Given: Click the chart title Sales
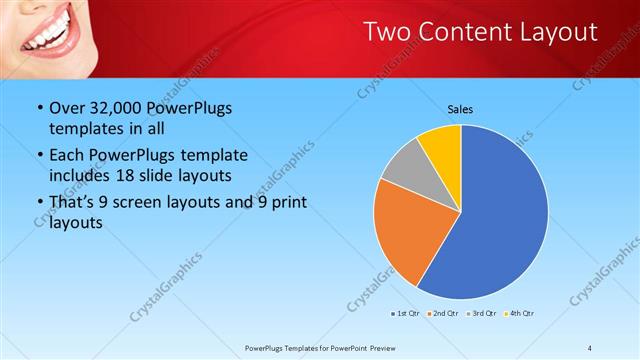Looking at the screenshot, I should (460, 109).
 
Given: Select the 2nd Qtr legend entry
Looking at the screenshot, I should (445, 314).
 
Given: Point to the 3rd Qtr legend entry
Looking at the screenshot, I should (483, 314).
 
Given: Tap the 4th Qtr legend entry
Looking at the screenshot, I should (520, 314).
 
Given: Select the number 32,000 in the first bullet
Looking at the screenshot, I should (116, 109).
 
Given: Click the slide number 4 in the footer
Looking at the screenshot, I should (589, 347).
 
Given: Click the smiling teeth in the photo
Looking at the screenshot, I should (48, 38).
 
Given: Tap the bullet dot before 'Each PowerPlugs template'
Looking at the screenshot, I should (39, 156).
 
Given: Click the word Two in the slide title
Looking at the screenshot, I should (384, 32).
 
